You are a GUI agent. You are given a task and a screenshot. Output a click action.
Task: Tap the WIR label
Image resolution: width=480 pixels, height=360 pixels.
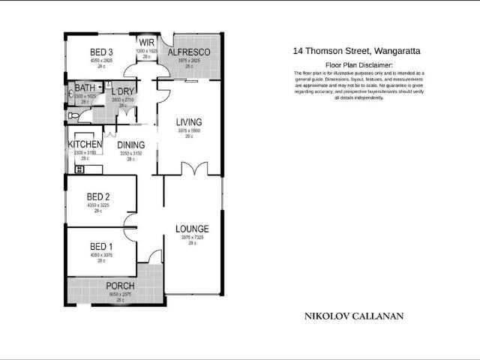pyautogui.click(x=146, y=43)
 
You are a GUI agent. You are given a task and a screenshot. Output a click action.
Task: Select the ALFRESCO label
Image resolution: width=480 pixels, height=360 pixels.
pyautogui.click(x=187, y=52)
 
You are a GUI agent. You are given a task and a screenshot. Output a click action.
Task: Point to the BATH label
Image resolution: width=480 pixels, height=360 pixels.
pyautogui.click(x=84, y=88)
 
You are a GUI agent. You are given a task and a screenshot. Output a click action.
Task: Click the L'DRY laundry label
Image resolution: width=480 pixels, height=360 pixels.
pyautogui.click(x=123, y=91)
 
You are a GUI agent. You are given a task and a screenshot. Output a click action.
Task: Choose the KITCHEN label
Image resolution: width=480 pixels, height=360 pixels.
pyautogui.click(x=85, y=144)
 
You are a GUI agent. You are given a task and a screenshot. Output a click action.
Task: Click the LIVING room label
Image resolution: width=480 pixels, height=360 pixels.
pyautogui.click(x=190, y=122)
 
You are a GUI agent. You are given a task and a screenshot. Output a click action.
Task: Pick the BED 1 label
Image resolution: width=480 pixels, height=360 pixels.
pyautogui.click(x=100, y=246)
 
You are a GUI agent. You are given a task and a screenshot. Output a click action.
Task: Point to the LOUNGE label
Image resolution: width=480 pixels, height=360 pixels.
pyautogui.click(x=192, y=229)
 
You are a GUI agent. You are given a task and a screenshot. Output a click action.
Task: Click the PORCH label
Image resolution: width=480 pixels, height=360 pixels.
pyautogui.click(x=120, y=286)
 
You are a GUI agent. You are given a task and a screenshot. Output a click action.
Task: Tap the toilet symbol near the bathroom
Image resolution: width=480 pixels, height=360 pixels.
pyautogui.click(x=73, y=115)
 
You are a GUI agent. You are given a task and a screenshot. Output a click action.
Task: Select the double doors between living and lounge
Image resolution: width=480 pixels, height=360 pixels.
pyautogui.click(x=193, y=169)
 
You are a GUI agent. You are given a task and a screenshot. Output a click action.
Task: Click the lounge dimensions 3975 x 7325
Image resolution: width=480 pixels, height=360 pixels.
pyautogui.click(x=192, y=238)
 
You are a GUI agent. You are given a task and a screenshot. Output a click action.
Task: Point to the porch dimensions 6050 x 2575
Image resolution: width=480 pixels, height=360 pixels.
pyautogui.click(x=120, y=294)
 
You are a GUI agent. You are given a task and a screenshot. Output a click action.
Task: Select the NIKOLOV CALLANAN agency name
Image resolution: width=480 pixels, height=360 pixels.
pyautogui.click(x=353, y=316)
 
